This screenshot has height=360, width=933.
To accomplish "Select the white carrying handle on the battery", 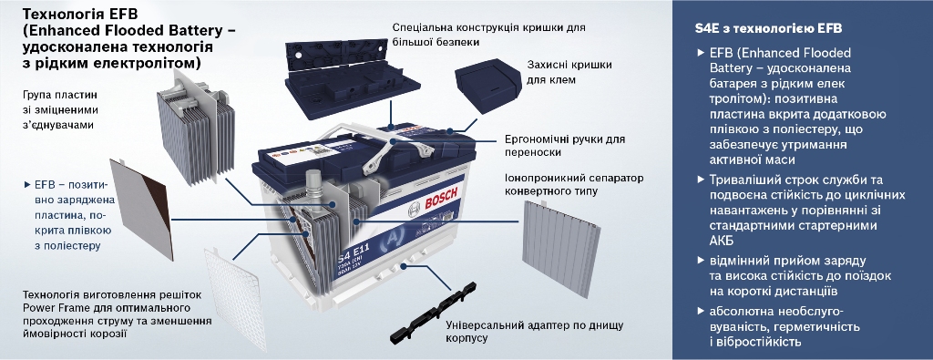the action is pyautogui.click(x=393, y=143).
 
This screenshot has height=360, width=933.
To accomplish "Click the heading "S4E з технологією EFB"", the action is pyautogui.click(x=768, y=28).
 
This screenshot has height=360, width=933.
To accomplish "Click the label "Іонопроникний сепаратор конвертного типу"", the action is pyautogui.click(x=574, y=184).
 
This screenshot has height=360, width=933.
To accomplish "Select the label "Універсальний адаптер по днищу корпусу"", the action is pyautogui.click(x=534, y=332).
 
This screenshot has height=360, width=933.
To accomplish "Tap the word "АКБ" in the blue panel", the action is pyautogui.click(x=722, y=241).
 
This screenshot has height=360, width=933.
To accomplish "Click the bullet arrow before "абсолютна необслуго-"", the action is pyautogui.click(x=701, y=311).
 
